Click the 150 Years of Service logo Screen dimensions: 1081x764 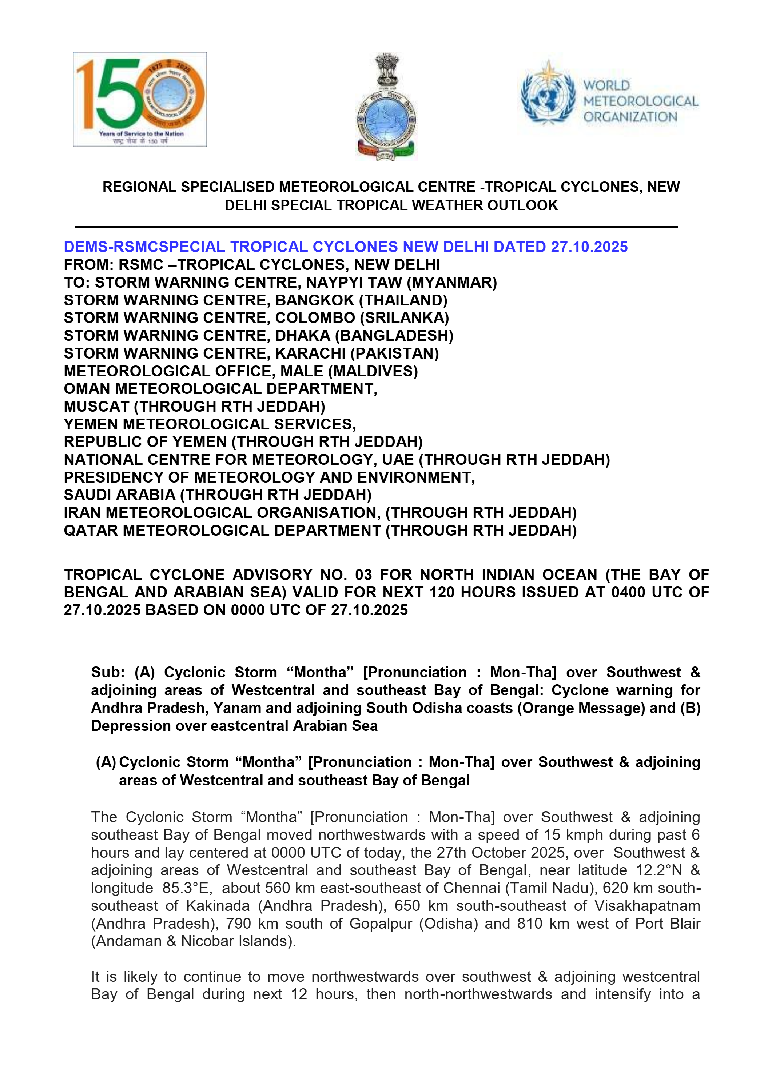point(139,99)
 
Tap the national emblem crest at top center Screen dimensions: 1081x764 point(386,107)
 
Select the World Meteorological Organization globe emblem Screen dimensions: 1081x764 point(548,93)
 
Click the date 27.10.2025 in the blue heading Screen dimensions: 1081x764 point(589,247)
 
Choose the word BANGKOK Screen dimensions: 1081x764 point(315,300)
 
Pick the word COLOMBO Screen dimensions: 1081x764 point(315,318)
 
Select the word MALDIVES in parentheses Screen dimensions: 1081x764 point(373,372)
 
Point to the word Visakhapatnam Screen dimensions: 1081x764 point(647,906)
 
